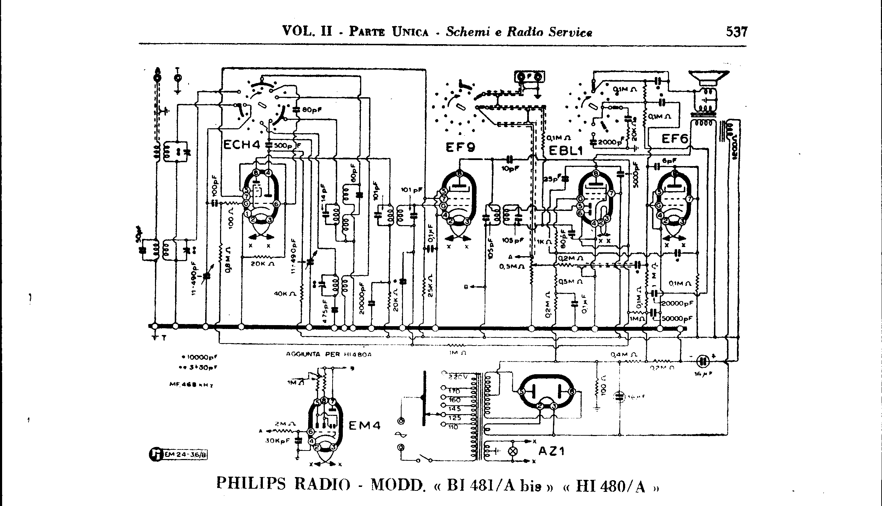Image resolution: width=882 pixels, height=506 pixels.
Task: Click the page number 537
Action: pyautogui.click(x=737, y=32)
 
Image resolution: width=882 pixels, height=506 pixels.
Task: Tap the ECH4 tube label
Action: pyautogui.click(x=242, y=145)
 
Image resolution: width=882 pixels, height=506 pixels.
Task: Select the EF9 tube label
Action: pyautogui.click(x=460, y=146)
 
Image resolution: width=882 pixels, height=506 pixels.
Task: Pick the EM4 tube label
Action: pyautogui.click(x=365, y=425)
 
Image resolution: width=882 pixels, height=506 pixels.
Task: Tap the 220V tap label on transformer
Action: pyautogui.click(x=458, y=377)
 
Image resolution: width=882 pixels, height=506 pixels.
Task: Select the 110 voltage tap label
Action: pyautogui.click(x=453, y=427)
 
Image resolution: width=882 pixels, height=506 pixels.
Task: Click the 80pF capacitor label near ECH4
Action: pyautogui.click(x=311, y=110)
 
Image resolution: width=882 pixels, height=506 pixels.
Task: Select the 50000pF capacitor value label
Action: pyautogui.click(x=676, y=318)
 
